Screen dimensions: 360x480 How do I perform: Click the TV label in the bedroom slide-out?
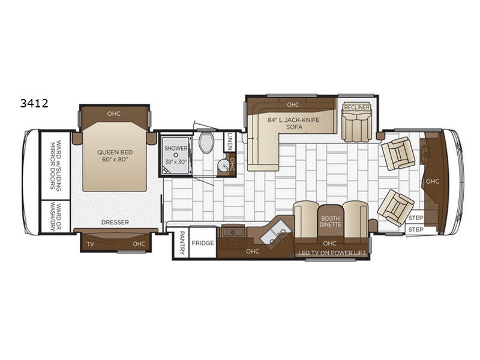(90, 244)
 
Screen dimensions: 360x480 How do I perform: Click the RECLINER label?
(356, 107)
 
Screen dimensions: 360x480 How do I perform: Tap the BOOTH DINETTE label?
(330, 221)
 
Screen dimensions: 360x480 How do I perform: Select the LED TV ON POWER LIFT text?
(332, 253)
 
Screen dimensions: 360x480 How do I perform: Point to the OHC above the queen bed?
(113, 112)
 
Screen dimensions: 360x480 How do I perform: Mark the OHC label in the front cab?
(432, 180)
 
